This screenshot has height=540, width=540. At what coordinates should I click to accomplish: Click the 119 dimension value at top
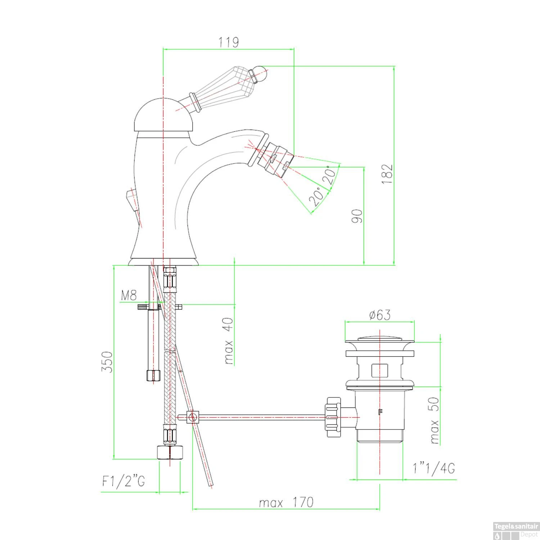pos(229,42)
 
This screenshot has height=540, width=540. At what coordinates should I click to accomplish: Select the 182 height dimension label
pos(387,175)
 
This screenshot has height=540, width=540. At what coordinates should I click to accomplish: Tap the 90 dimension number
pos(357,216)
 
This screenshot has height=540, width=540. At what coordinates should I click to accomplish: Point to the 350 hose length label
pos(107,362)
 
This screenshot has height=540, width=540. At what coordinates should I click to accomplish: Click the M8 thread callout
pos(129,296)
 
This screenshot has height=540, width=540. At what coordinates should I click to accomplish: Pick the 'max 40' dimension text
pos(229,341)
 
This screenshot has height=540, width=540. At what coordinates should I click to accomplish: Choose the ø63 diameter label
pos(380,315)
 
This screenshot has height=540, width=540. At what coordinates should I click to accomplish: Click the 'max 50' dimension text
pos(435,420)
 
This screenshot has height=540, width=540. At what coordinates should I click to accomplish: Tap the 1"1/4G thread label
pos(434,468)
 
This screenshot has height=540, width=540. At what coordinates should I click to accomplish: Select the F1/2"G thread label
pos(123,481)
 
